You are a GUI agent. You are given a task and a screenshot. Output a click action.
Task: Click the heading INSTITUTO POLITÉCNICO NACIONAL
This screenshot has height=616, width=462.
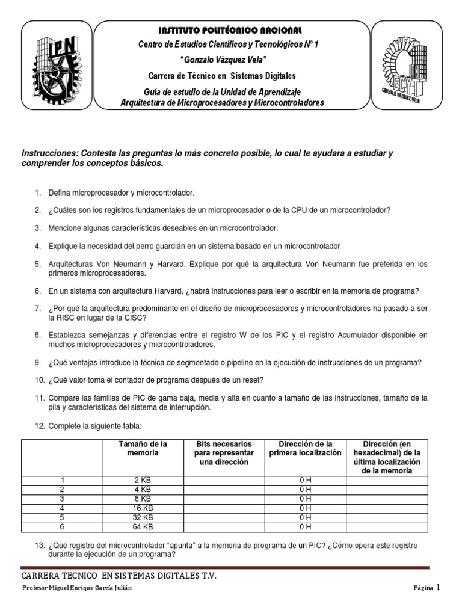point(230,30)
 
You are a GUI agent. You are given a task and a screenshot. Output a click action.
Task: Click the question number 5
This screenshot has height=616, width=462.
point(37,264)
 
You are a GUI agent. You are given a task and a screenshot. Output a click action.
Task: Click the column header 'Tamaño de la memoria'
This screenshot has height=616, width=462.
point(143,448)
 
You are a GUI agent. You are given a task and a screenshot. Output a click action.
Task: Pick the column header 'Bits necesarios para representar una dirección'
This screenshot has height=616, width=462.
point(223,452)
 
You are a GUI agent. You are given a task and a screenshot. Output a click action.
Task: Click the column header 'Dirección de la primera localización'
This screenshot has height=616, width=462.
point(304,448)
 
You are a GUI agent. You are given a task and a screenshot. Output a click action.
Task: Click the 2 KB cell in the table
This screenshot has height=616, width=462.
point(143,480)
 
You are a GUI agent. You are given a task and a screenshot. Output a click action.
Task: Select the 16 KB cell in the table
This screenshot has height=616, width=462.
point(143,508)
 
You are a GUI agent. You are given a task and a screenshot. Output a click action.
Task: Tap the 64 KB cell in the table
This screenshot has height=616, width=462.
point(143,526)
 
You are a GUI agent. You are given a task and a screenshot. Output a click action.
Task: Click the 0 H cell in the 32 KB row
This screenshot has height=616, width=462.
point(304,517)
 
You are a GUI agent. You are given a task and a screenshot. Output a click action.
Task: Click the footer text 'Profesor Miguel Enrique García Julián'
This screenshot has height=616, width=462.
point(76,588)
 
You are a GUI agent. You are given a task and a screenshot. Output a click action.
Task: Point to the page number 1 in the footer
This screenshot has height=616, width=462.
point(439,587)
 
